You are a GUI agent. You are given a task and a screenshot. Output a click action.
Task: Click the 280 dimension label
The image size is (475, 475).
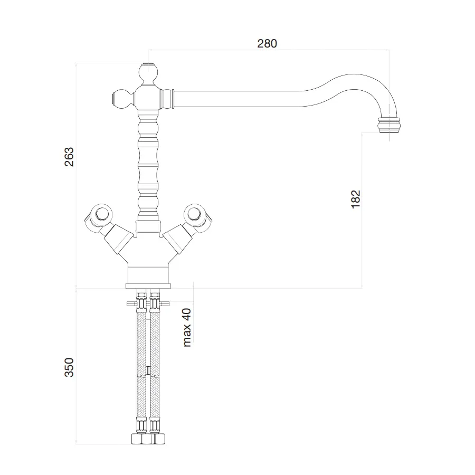pos(267,44)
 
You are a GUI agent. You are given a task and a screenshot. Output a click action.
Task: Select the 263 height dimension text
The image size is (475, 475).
pos(69,157)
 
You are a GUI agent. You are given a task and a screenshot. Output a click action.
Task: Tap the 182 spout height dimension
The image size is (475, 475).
pos(356,199)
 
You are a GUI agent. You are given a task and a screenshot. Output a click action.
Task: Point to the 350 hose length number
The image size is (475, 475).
pos(69,367)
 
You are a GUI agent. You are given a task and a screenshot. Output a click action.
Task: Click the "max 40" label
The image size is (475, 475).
pos(187,327)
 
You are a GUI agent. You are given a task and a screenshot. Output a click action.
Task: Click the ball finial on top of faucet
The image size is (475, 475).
pos(148,73)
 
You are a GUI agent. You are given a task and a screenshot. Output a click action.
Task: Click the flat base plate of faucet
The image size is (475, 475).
pos(148,286)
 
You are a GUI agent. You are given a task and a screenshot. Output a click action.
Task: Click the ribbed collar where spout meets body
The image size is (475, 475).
pos(167,99)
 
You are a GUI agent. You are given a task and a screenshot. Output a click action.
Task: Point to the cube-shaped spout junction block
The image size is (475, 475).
pos(148,98)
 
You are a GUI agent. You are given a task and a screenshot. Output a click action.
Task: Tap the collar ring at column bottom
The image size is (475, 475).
pos(148,226)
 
